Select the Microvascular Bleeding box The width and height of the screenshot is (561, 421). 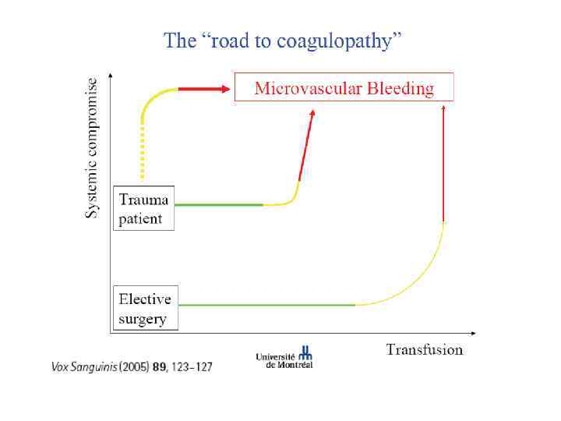point(344,87)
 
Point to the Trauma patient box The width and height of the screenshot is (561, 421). point(143,208)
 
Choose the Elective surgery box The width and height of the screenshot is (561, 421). point(145,308)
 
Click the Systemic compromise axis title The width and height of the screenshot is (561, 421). point(92,147)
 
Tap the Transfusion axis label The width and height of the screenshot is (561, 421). point(424,349)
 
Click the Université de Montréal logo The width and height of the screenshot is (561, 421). point(284,357)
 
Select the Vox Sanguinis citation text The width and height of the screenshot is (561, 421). point(132,366)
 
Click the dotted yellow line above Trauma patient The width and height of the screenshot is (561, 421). point(143,152)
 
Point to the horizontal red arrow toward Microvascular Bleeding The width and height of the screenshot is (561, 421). point(204,89)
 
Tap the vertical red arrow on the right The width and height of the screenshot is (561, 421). point(443,164)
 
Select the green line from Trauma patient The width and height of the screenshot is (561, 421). point(218,205)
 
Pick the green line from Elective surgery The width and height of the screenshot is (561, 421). point(265,305)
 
